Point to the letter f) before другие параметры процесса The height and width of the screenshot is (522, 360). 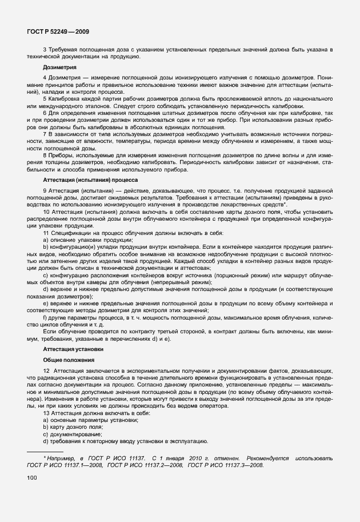(x=46, y=316)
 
